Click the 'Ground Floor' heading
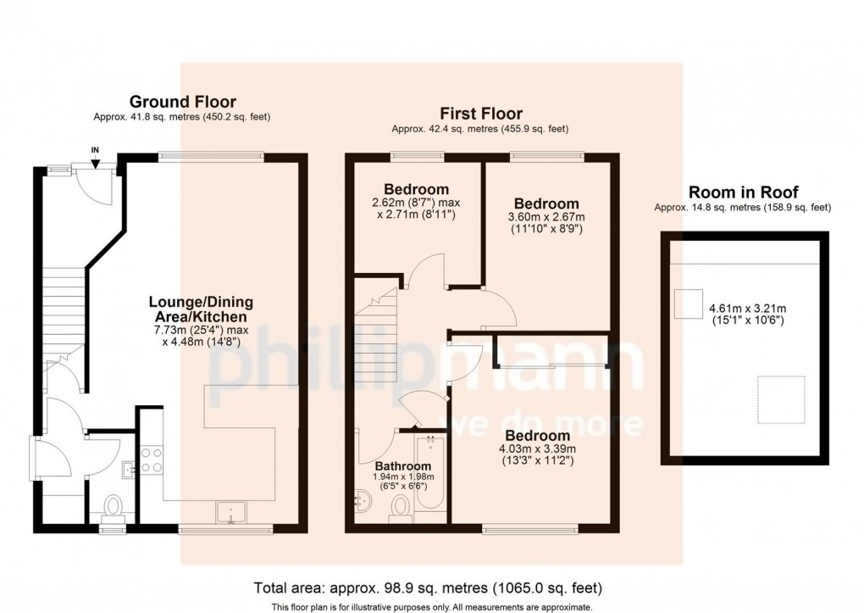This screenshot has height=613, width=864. point(182,102)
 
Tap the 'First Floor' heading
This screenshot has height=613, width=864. point(481,114)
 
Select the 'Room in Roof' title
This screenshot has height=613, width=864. point(744,192)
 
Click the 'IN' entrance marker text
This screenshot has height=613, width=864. point(96,150)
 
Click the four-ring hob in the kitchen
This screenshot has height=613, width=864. point(152,460)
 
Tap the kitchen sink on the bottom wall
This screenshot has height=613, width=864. point(232,512)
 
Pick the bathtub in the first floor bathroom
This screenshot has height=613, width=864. point(430,473)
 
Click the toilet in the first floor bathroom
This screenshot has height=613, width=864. point(400,508)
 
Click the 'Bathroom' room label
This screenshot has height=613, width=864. point(403,467)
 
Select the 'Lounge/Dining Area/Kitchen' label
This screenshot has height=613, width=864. point(201,309)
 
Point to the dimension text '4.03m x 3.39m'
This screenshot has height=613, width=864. point(537,449)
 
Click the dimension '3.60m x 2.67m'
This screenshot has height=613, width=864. point(546,217)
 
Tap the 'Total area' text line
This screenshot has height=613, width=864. point(428,588)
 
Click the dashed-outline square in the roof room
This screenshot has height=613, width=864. point(781,399)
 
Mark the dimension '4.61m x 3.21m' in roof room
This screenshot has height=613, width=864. point(748,309)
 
